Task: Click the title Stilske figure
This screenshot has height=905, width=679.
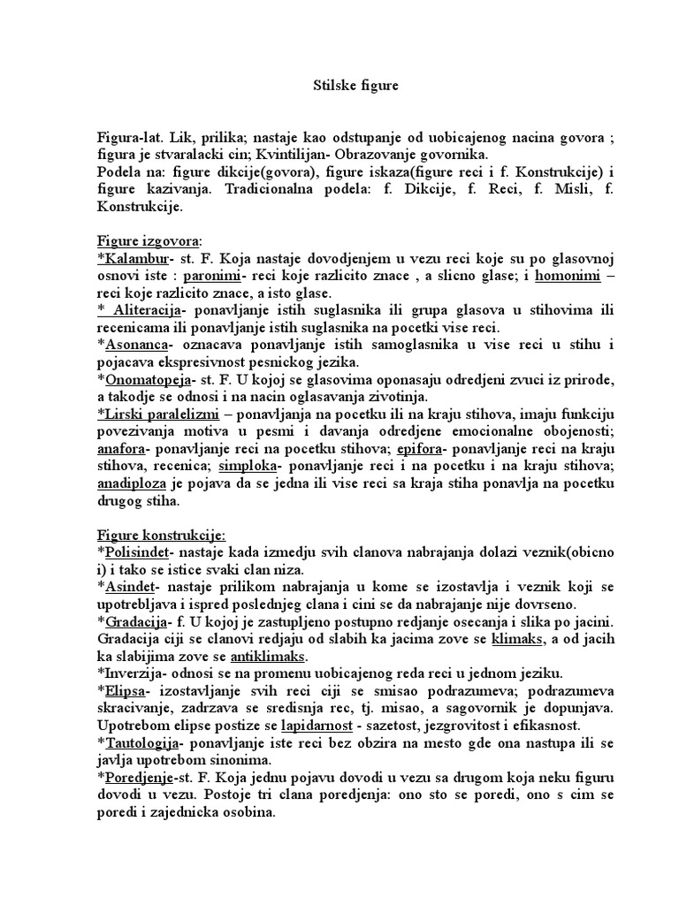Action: coord(357,86)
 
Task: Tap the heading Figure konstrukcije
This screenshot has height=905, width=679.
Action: coord(161,535)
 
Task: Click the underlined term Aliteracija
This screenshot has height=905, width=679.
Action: coord(147,310)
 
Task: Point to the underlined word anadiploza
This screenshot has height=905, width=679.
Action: coord(132,483)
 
